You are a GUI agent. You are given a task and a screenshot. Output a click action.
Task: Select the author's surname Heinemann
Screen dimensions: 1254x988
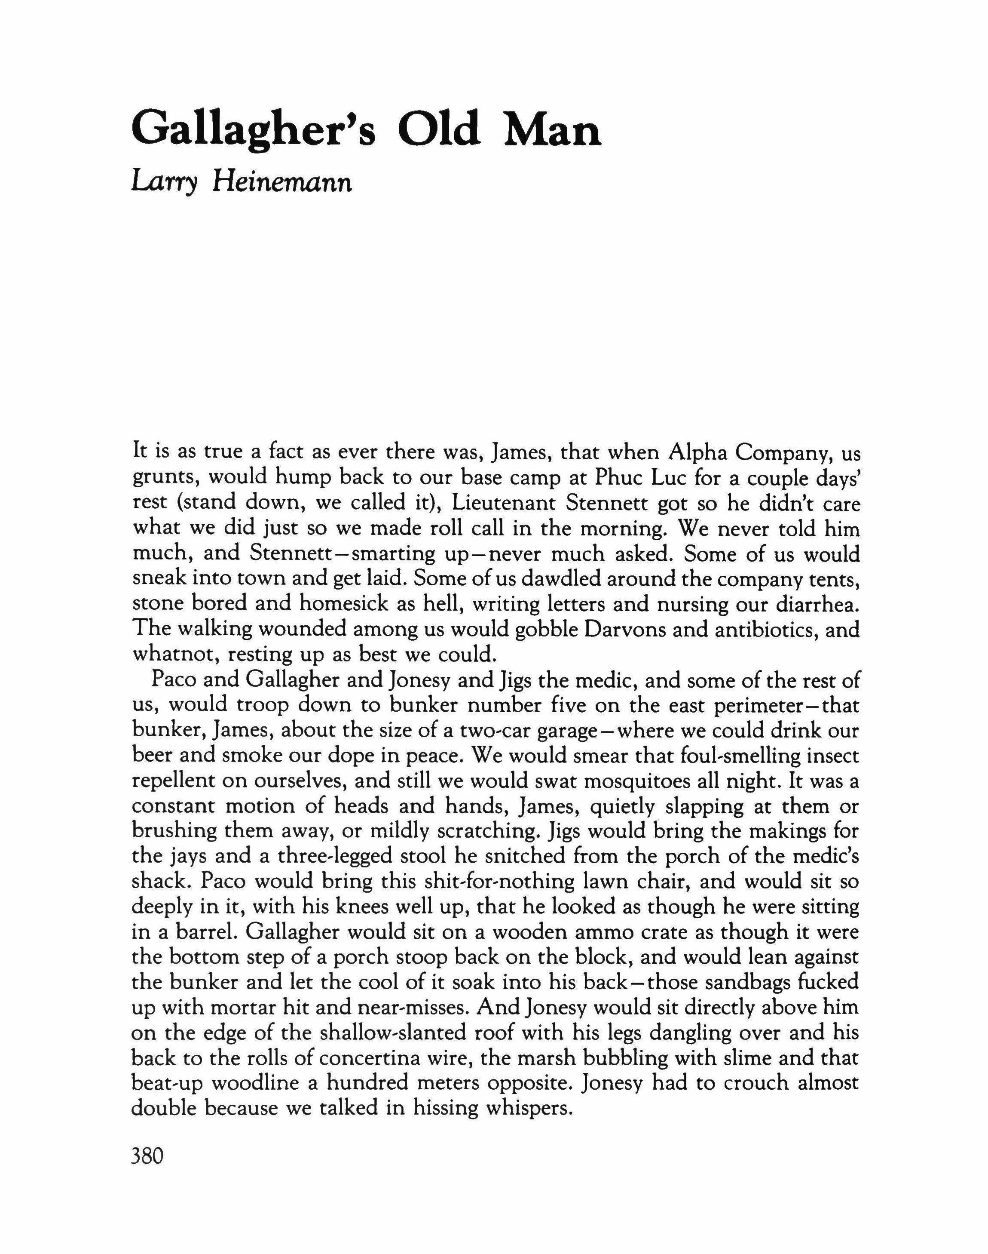[281, 184]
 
